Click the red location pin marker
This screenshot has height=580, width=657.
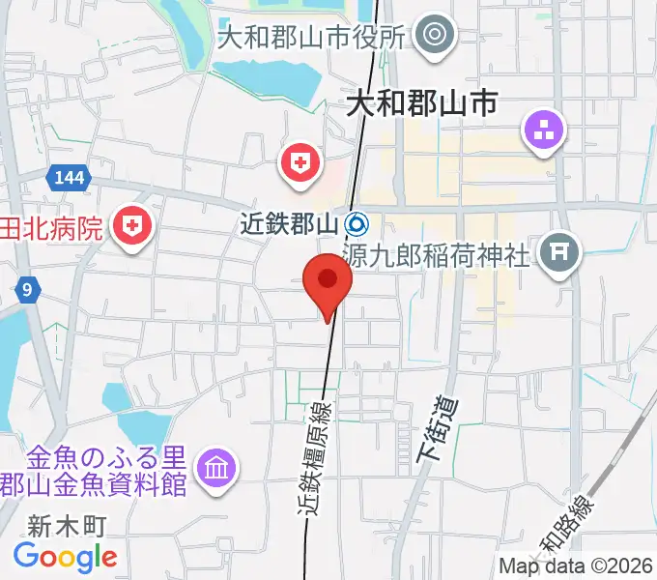(328, 281)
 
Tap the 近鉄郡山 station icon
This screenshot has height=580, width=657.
(357, 225)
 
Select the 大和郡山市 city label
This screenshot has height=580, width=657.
(421, 101)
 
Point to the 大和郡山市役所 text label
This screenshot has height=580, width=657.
(310, 39)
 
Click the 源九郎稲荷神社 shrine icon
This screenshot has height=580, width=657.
(558, 255)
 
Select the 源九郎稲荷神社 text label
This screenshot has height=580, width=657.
(437, 256)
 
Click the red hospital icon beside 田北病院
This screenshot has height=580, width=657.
(132, 228)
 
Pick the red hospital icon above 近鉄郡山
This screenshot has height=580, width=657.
(300, 162)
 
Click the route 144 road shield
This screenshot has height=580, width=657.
(69, 176)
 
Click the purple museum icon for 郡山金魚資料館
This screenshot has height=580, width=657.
(214, 470)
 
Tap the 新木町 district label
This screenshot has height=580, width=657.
(66, 526)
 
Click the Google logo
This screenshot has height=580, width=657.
(66, 557)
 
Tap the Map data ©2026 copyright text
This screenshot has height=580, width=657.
(576, 566)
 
